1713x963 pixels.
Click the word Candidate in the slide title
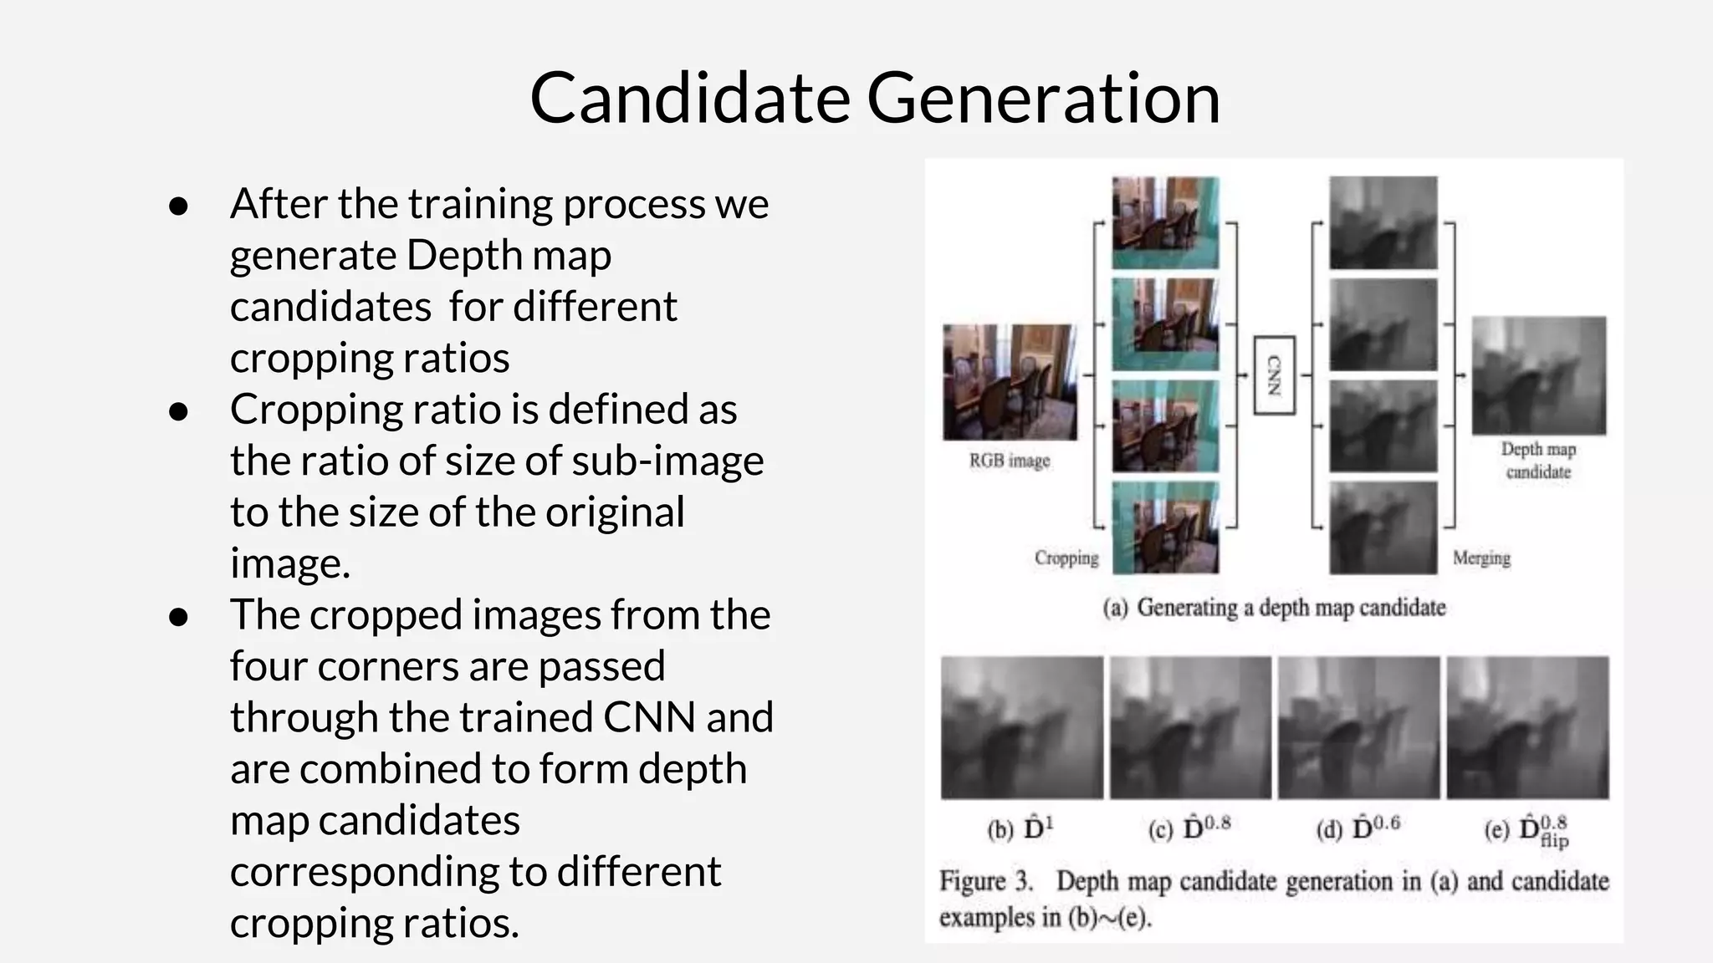[690, 98]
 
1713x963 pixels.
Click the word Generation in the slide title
[1043, 98]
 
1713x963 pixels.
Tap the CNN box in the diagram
[1274, 375]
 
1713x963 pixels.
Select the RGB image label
[1010, 461]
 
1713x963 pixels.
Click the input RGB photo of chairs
[1010, 382]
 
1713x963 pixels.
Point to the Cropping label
[1066, 558]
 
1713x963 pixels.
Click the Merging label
[1481, 558]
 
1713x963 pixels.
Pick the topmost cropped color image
[1165, 222]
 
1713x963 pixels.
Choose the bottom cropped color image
[1165, 527]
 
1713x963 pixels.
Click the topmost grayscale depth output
[1383, 222]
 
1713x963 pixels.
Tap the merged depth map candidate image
[1539, 375]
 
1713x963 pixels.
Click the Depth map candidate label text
[1538, 461]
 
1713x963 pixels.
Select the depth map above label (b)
[1022, 727]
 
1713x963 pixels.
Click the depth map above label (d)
[1359, 727]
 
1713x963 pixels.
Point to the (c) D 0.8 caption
[1189, 828]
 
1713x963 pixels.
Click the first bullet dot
[178, 206]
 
